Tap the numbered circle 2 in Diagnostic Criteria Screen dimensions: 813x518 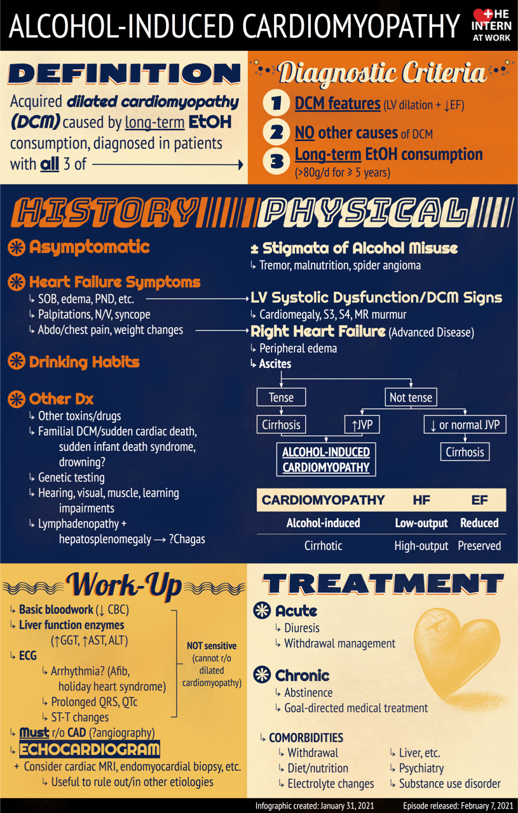click(x=276, y=133)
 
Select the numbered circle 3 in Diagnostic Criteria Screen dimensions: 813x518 click(x=276, y=161)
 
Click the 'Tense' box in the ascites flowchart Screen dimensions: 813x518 click(x=281, y=398)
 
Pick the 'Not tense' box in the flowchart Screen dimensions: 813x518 click(x=411, y=398)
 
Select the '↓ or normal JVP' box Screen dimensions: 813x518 click(x=465, y=424)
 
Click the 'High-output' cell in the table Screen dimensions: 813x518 click(x=421, y=546)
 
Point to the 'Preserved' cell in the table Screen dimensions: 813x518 click(x=479, y=546)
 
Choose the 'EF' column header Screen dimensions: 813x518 click(x=479, y=500)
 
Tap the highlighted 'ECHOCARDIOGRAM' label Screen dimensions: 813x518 click(x=89, y=749)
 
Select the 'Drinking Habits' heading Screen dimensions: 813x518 click(x=84, y=362)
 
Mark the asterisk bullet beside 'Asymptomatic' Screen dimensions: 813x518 click(x=16, y=247)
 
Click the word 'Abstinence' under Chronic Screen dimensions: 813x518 click(x=308, y=692)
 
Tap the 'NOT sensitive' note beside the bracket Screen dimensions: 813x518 click(x=212, y=645)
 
